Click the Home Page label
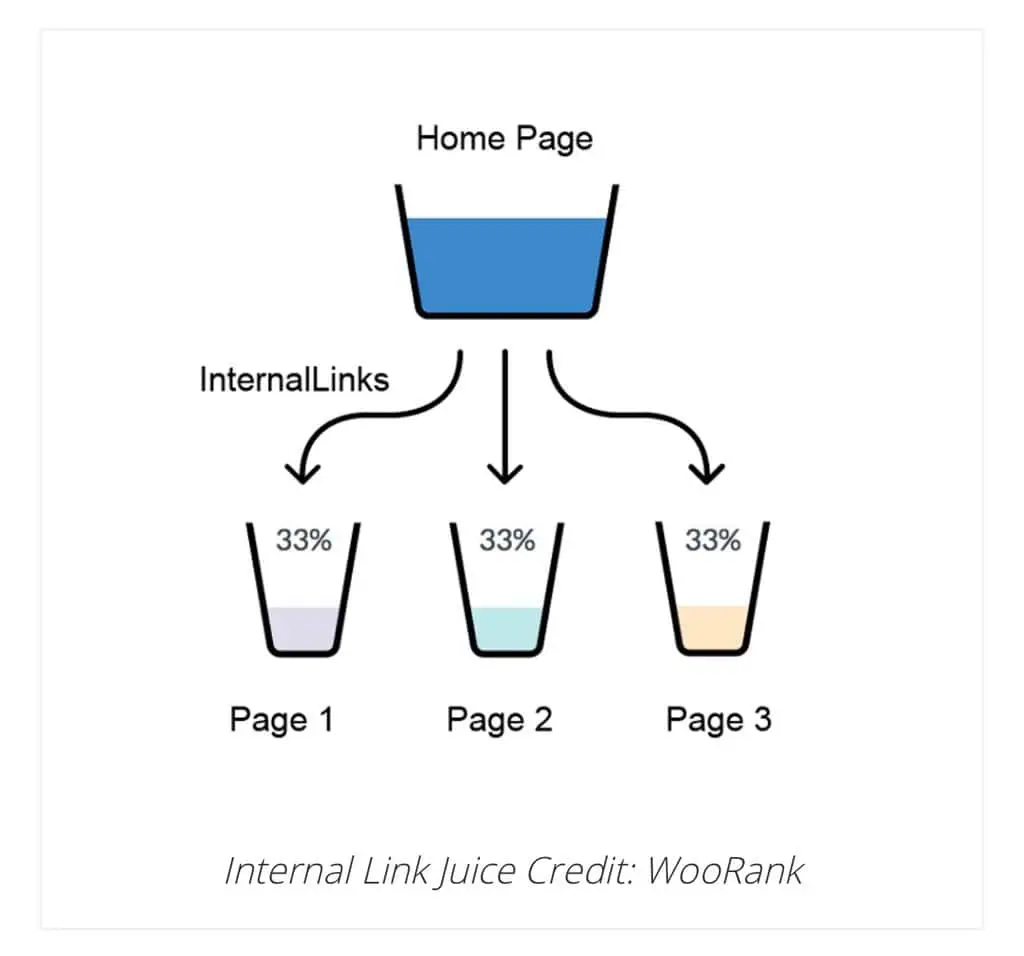point(504,137)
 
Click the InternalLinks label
point(294,380)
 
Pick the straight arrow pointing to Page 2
point(506,410)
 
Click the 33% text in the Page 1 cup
point(303,541)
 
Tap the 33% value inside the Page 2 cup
point(507,541)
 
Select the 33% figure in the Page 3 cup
point(712,541)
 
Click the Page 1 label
point(281,720)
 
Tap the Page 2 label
point(499,720)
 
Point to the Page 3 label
point(718,720)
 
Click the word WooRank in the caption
point(725,870)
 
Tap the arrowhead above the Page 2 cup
point(506,473)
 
